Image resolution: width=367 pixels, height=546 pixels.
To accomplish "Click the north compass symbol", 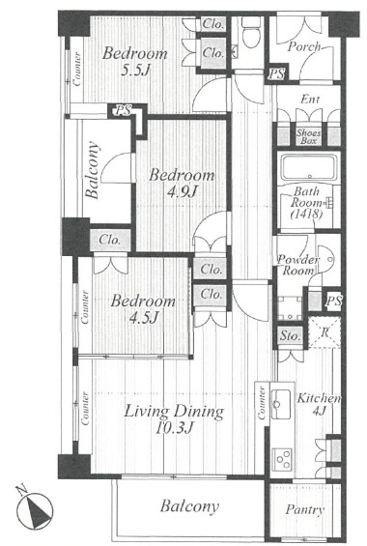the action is click(x=35, y=511).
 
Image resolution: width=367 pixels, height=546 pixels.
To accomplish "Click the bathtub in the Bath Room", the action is click(x=309, y=168).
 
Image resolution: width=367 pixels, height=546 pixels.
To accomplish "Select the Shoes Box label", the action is click(x=308, y=136).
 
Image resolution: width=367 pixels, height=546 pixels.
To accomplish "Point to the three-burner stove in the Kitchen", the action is click(x=282, y=459).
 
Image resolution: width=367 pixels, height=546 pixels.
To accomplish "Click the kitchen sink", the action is click(x=281, y=404).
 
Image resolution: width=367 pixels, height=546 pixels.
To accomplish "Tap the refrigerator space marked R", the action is click(x=325, y=331).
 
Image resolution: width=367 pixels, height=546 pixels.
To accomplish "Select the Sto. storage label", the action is click(x=290, y=336).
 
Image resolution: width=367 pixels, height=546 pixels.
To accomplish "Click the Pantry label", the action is click(x=305, y=510).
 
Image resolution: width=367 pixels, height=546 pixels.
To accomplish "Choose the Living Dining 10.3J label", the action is click(x=174, y=419).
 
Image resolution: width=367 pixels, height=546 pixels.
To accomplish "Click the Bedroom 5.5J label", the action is click(x=135, y=61).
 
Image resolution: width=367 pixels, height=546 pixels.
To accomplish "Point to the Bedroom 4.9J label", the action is click(x=182, y=183).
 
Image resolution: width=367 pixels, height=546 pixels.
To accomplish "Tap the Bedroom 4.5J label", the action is click(x=143, y=309).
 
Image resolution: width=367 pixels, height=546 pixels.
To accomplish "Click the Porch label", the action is click(x=303, y=46).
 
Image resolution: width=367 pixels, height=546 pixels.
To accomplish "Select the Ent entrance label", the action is click(x=310, y=100).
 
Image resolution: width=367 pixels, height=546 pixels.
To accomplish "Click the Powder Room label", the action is click(x=297, y=265).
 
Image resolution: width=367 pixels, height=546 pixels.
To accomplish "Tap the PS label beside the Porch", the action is click(x=277, y=74).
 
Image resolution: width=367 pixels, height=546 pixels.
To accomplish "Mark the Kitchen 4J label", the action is click(x=319, y=404).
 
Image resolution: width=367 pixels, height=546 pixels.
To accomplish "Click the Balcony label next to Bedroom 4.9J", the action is click(x=93, y=169).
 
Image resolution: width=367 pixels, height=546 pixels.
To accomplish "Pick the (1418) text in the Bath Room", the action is click(x=306, y=214).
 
